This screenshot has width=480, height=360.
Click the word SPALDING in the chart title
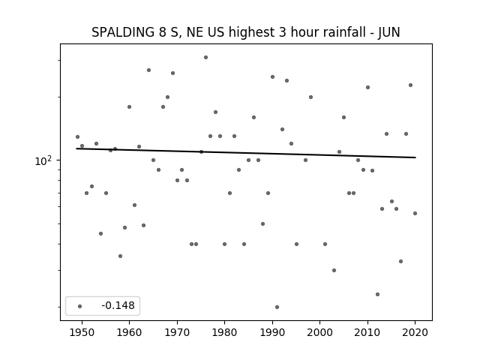point(123,32)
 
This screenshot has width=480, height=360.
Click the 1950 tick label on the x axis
point(82,332)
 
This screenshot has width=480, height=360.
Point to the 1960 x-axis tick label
point(129,332)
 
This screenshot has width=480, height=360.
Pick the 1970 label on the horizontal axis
point(177,332)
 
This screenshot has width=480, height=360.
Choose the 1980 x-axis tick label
point(224,332)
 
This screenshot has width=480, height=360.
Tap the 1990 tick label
point(272,332)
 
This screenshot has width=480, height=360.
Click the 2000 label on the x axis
point(319,332)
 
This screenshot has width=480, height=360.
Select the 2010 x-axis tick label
point(367,332)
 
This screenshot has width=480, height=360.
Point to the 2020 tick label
point(415,332)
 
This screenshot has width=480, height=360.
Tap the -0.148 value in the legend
point(118,305)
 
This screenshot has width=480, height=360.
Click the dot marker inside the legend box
point(80,306)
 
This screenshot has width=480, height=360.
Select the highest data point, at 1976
point(205,57)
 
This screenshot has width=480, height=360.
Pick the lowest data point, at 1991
point(277,307)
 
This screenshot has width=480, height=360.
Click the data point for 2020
point(415,213)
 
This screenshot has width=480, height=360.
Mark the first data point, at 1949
point(77,136)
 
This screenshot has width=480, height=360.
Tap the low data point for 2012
point(377,294)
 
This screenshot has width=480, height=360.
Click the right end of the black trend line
point(415,157)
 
